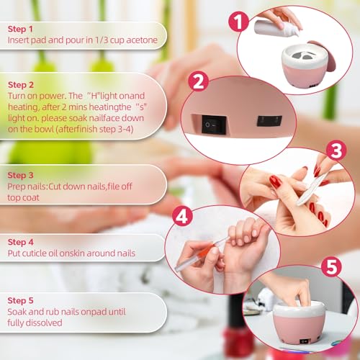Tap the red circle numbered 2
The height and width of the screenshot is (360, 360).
(x=201, y=84)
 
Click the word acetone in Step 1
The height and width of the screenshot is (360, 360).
(x=139, y=41)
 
